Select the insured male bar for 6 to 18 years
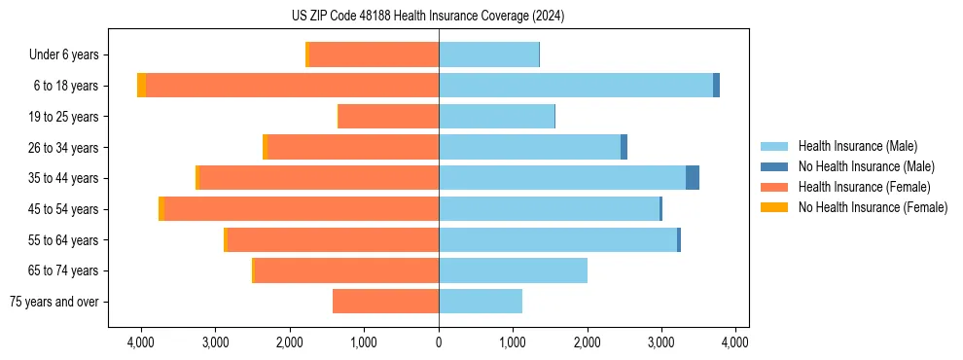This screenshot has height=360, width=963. [x=576, y=86]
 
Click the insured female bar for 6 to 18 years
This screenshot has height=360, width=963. [x=292, y=86]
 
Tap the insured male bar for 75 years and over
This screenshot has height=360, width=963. [x=481, y=302]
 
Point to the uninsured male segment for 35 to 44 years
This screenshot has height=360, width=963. [x=693, y=178]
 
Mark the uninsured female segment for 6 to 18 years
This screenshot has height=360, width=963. [x=142, y=86]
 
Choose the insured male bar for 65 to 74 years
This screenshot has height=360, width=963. [x=513, y=270]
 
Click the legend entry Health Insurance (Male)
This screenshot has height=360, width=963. [x=856, y=146]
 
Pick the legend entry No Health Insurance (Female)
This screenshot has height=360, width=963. [x=873, y=207]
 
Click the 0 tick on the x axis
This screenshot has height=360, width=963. [x=439, y=343]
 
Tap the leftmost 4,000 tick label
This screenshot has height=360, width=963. [x=141, y=343]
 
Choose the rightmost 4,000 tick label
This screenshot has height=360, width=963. [x=735, y=343]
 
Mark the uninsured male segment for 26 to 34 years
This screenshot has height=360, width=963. [x=624, y=147]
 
